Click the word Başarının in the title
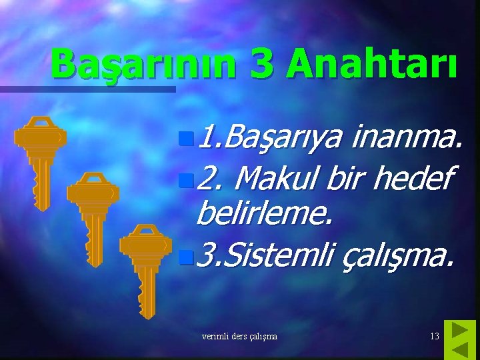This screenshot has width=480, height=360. [x=143, y=66]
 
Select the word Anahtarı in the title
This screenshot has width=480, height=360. [x=373, y=66]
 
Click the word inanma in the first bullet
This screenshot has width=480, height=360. [x=407, y=138]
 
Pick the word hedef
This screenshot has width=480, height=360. [x=413, y=178]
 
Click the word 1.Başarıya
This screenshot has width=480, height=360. [x=270, y=139]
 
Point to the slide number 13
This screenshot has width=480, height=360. [x=434, y=337]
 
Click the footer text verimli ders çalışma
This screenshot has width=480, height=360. [x=239, y=337]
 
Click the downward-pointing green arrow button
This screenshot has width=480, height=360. [x=460, y=349]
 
